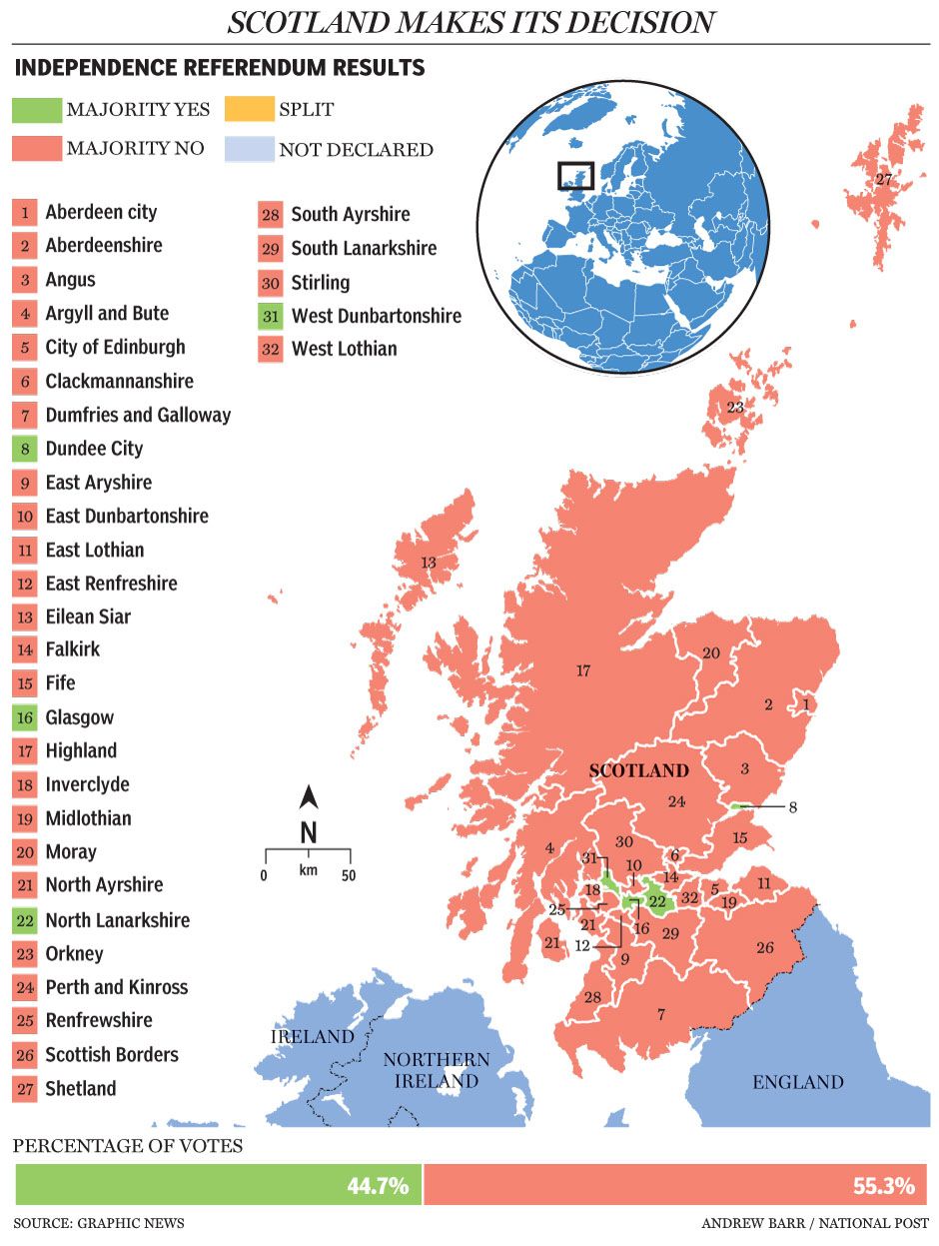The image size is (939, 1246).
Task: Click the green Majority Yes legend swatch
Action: pos(35,110)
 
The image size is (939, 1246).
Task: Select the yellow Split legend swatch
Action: pos(248,110)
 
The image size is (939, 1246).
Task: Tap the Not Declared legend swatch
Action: pos(248,150)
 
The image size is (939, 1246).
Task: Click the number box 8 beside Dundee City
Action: pos(25,449)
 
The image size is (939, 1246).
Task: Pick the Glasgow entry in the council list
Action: pos(79,717)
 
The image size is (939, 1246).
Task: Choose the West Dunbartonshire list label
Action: pos(376,316)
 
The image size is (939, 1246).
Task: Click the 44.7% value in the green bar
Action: pos(378,1186)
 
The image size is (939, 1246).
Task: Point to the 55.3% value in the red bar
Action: pos(883,1186)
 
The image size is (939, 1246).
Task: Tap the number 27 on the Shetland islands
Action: pos(883,180)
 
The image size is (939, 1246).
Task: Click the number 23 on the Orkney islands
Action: pos(735,408)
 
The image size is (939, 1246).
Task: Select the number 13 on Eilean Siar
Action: pos(428,564)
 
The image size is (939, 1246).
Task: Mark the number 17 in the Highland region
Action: pos(583,670)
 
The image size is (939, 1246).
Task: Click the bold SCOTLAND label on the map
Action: pos(638,770)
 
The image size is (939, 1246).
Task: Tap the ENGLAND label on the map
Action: pos(797,1082)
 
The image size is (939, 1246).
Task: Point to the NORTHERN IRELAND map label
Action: pos(437,1070)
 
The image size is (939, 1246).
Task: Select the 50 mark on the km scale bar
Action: pos(350,876)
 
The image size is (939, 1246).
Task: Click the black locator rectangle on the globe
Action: pos(575,176)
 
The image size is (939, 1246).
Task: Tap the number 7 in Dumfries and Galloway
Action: pos(660,1015)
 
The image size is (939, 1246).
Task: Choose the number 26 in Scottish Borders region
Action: pos(764,947)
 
